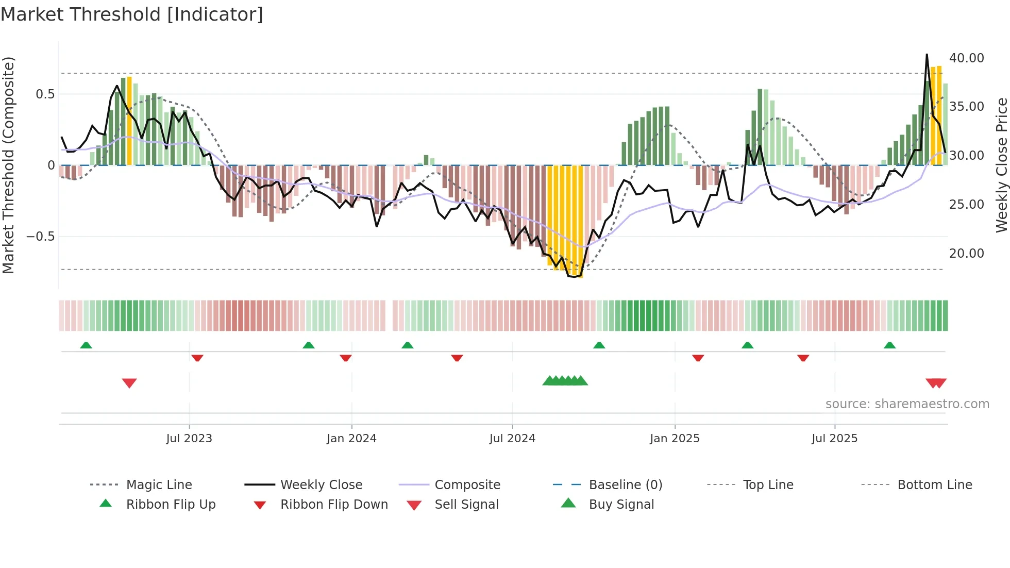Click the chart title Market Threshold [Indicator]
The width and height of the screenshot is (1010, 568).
tap(132, 14)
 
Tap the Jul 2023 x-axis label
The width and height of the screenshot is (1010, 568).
tap(189, 439)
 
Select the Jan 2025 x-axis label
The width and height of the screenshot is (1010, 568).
tap(675, 439)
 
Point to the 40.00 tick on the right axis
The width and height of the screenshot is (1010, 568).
tap(966, 58)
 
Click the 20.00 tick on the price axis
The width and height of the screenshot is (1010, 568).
tap(966, 254)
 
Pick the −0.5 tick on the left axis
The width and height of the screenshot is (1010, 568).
tap(41, 237)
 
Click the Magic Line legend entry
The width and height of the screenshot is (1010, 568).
tap(159, 485)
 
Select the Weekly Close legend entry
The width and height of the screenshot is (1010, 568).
tap(321, 485)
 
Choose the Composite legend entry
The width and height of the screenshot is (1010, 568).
tap(467, 485)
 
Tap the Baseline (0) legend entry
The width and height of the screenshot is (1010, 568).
tap(625, 485)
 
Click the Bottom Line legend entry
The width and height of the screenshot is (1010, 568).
tap(934, 485)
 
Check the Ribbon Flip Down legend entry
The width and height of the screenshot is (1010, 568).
tap(333, 505)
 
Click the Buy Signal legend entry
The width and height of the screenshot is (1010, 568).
tap(621, 505)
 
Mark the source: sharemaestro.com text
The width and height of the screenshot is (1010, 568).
tap(907, 404)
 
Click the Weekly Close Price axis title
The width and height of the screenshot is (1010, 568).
tap(1001, 165)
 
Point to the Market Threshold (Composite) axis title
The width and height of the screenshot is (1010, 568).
tap(8, 165)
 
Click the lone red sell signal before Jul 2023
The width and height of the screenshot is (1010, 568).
tap(129, 383)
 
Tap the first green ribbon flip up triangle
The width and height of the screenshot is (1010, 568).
tap(86, 345)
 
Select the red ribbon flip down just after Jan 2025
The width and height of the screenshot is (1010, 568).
tap(698, 358)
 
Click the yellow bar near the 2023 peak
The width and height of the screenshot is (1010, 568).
tap(129, 121)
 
